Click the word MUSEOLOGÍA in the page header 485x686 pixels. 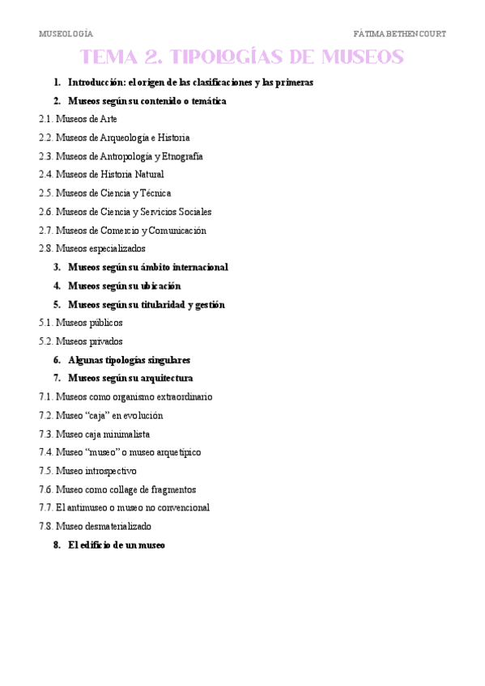(x=66, y=34)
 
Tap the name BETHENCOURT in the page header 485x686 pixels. (x=415, y=34)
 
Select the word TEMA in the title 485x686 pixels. (x=109, y=57)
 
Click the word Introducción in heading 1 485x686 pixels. (x=95, y=83)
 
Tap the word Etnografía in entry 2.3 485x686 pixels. (x=183, y=156)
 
